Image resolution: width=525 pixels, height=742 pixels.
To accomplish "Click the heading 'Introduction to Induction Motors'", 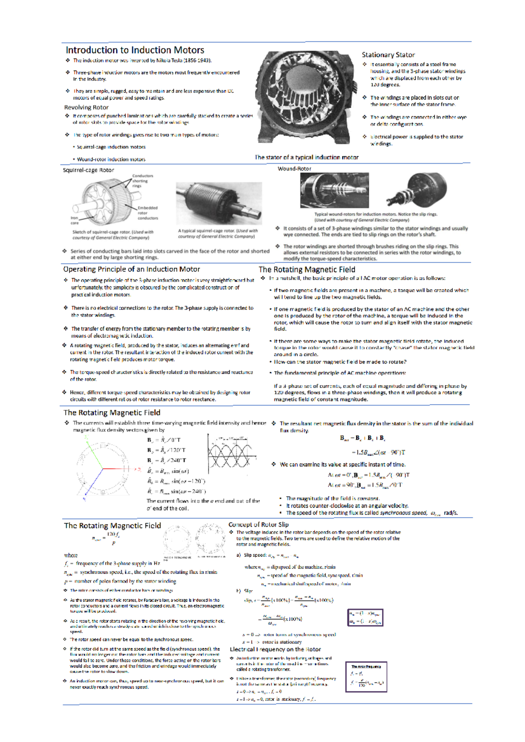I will tap(135, 50).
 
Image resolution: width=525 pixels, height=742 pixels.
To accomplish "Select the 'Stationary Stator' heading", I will tap(388, 55).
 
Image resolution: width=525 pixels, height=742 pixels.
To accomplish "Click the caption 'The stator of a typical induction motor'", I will tap(307, 157).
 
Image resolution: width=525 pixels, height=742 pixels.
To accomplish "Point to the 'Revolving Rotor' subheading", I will tap(86, 107).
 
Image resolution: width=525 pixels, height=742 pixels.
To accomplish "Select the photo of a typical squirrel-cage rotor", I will tap(219, 203).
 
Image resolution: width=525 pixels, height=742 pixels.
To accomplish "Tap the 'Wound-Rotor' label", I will tap(294, 168).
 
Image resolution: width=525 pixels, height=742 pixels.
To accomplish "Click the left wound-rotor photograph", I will tap(334, 190).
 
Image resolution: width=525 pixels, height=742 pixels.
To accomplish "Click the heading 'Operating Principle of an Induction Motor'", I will tap(131, 269).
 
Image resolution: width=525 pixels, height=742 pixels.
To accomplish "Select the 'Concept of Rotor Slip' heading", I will tap(259, 524).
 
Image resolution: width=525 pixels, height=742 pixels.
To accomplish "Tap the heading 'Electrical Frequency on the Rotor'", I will tap(275, 649).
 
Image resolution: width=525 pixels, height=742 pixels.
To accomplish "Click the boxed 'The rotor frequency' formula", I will tap(366, 677).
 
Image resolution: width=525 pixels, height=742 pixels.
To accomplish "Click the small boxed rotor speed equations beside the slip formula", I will tap(365, 617).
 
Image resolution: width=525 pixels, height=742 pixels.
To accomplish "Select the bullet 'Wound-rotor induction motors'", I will tap(111, 159).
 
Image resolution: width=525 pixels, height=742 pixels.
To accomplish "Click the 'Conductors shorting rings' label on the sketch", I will tap(142, 180).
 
